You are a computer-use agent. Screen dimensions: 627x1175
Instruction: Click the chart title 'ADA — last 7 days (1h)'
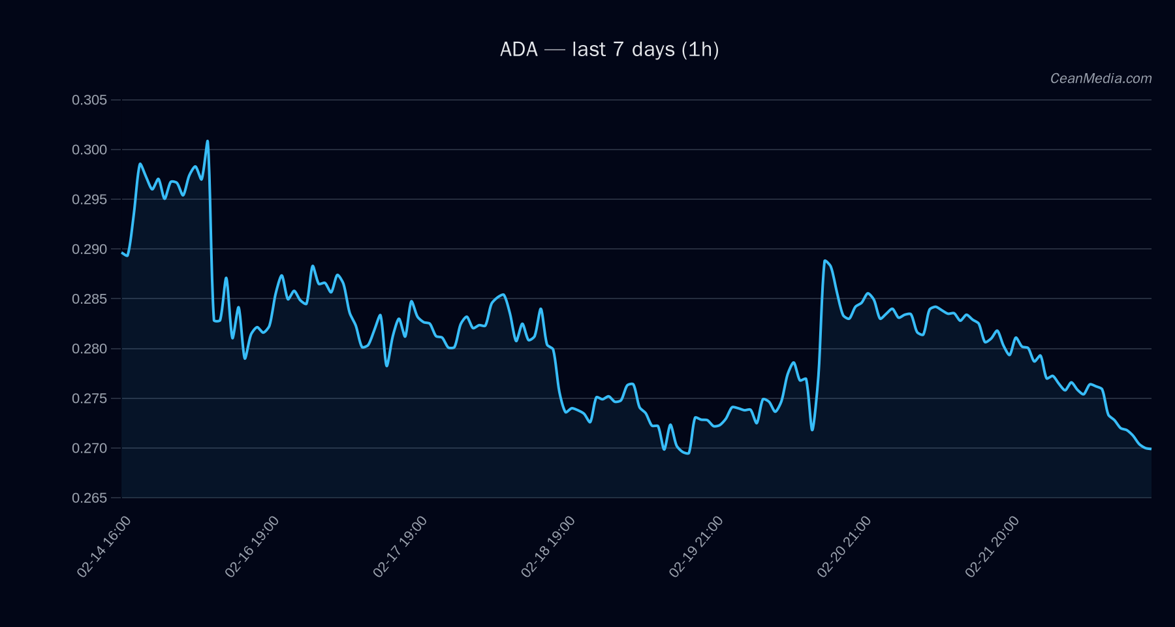(x=609, y=50)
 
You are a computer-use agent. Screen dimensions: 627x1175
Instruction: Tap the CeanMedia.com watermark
(x=1101, y=78)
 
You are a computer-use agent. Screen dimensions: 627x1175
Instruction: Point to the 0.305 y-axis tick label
(x=89, y=100)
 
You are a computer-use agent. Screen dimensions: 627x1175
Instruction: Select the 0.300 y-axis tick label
(x=89, y=150)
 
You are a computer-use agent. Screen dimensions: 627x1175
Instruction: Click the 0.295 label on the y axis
(x=89, y=199)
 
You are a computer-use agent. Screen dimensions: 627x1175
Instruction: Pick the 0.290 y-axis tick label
(x=89, y=249)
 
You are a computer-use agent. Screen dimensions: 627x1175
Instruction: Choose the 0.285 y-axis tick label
(x=89, y=299)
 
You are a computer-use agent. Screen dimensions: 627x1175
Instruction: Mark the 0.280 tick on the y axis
(x=89, y=349)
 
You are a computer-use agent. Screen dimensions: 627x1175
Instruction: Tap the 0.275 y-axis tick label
(x=89, y=398)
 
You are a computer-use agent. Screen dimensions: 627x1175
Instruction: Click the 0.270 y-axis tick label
(x=89, y=448)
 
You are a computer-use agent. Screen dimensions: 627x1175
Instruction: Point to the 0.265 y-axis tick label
(x=89, y=498)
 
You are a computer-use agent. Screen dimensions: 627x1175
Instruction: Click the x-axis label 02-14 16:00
(x=104, y=547)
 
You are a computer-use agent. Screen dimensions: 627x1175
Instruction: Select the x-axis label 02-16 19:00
(x=252, y=547)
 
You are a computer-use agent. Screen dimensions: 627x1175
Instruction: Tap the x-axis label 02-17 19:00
(x=400, y=547)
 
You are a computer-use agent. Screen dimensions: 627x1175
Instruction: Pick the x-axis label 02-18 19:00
(x=548, y=547)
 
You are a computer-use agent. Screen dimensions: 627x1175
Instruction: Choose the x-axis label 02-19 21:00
(x=696, y=547)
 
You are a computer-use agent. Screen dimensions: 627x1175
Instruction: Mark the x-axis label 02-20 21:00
(x=844, y=547)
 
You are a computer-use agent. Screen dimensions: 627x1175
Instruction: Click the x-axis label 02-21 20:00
(x=992, y=547)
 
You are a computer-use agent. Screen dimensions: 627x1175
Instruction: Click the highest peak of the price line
(x=208, y=141)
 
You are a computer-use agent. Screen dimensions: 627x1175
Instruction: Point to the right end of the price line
(x=1150, y=449)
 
